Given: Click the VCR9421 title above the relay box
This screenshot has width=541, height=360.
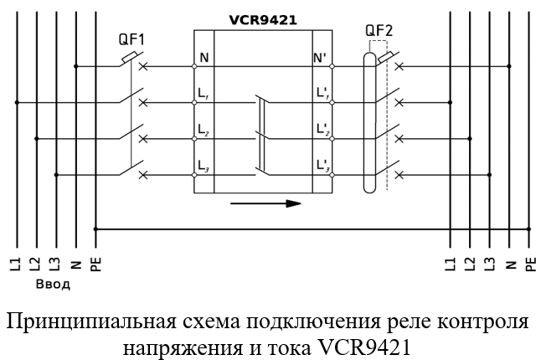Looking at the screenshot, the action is pos(263,20).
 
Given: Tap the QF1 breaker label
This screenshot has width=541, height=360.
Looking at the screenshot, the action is pos(131,39).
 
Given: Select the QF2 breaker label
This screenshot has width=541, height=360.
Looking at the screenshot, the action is pos(379,31).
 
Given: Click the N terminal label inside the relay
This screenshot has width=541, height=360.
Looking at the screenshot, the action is pos(204,58).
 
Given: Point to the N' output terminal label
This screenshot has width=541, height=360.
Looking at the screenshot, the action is pos(320,58).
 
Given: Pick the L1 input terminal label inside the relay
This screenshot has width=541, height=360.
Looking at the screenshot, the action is pos(203,94).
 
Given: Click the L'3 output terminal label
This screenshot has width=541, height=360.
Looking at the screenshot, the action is pos(323,166).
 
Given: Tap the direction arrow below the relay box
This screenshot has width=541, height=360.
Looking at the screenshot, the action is pos(265,203).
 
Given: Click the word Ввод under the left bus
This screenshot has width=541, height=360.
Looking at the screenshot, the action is pos(53,285).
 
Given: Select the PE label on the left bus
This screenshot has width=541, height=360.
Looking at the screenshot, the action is pos(96,264).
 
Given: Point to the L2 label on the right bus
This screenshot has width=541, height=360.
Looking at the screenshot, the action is pos(470,264).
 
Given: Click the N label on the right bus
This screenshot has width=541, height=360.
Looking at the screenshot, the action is pos(509,265).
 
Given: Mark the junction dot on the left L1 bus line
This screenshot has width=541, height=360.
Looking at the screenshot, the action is pos(17,102).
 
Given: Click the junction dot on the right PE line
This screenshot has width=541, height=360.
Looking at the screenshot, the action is pos(528,229).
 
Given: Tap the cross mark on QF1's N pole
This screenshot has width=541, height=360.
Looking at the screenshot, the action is pos(143,66).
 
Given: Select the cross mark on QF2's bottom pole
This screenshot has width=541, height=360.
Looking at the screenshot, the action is pos(399,175).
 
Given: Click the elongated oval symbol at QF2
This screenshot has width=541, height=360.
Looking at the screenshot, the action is pos(369,122).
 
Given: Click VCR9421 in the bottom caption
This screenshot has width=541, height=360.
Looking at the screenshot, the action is pos(363,347).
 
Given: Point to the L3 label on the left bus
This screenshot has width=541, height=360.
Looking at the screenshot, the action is pos(56,264).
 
